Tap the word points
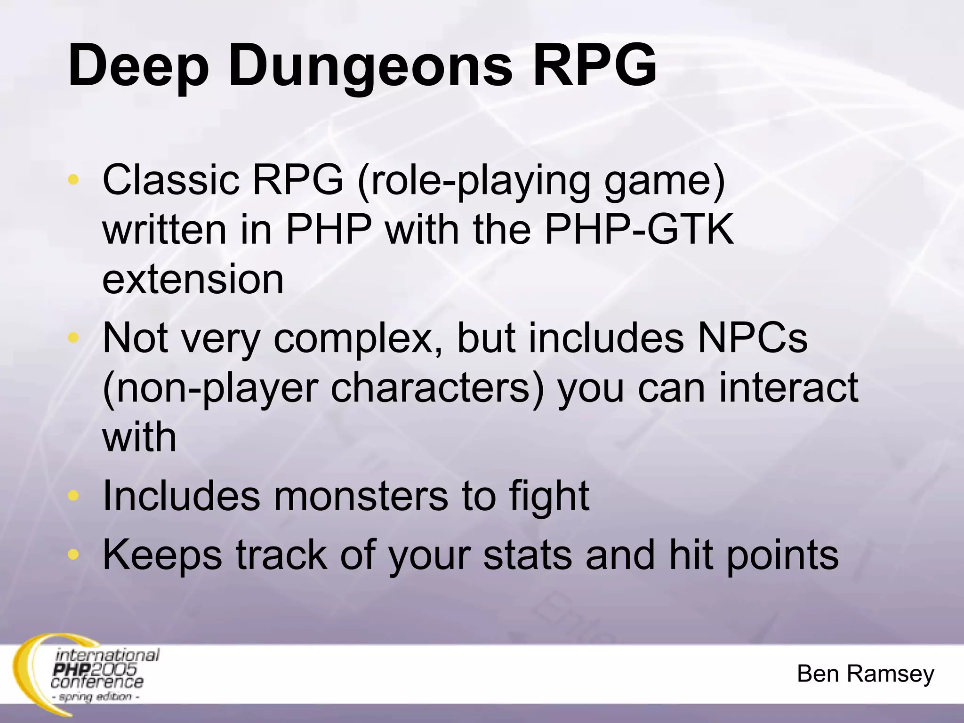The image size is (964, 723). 782,555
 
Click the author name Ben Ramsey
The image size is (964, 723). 865,674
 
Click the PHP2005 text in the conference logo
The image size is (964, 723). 95,669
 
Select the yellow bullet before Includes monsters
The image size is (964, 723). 73,495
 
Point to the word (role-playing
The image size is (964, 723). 474,180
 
